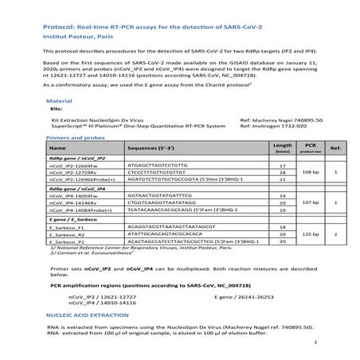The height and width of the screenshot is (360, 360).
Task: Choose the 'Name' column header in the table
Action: coord(57,148)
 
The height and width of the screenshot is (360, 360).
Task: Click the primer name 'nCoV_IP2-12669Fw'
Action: coord(72,165)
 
